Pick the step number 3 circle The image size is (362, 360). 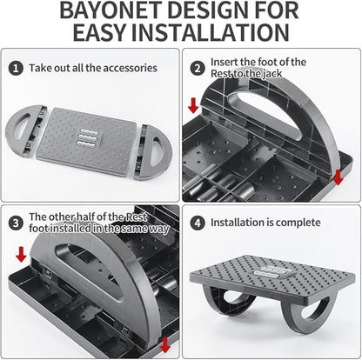15,223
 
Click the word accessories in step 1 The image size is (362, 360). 126,67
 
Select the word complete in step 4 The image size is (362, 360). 296,223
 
